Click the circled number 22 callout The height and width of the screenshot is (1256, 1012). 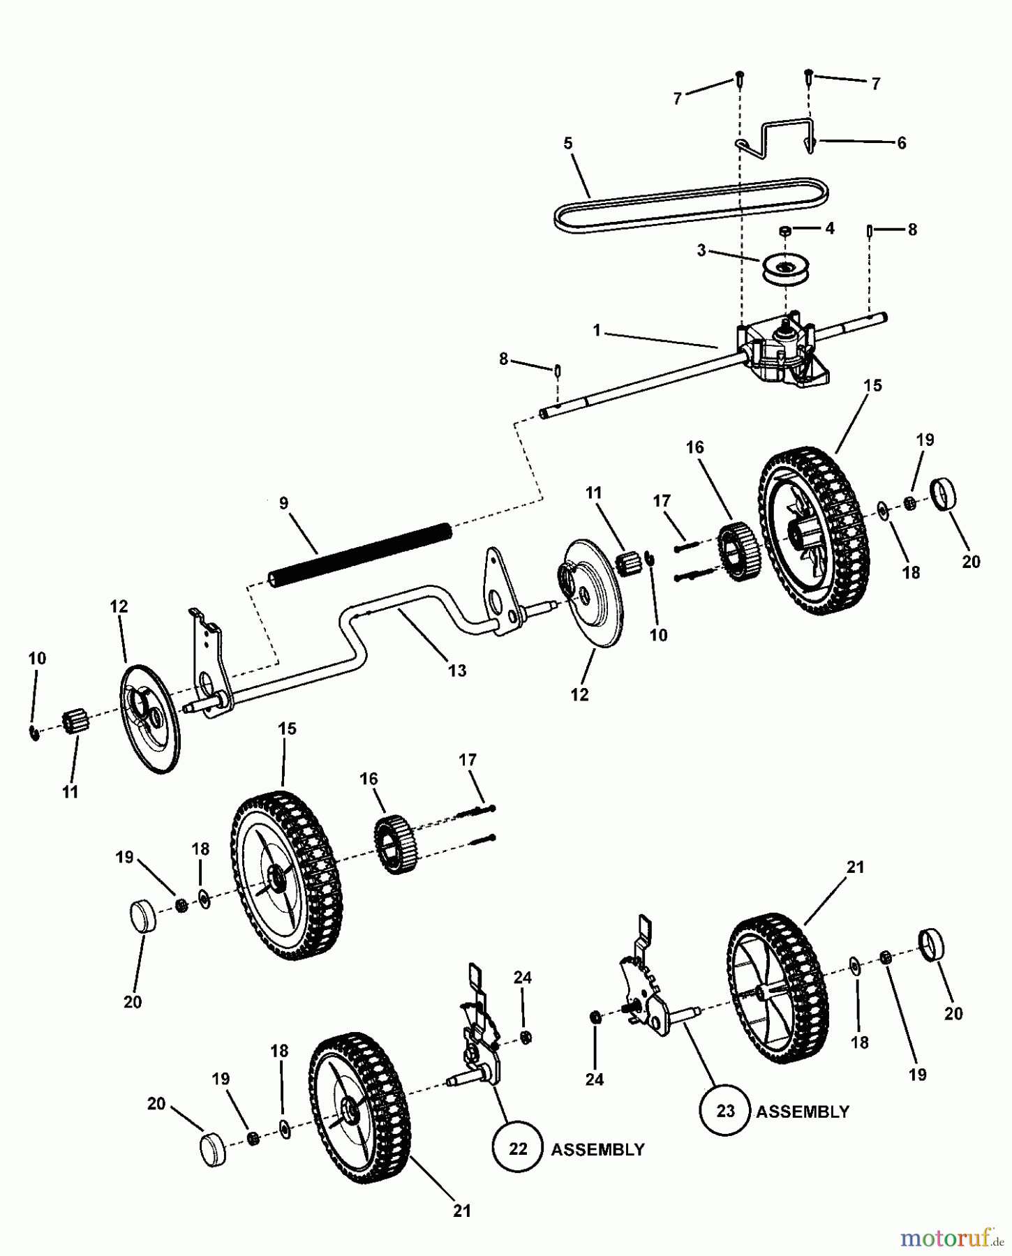[x=517, y=1148]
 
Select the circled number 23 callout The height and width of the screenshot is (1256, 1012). [x=725, y=1110]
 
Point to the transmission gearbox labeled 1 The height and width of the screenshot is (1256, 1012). [x=782, y=349]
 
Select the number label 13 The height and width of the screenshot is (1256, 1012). [x=457, y=671]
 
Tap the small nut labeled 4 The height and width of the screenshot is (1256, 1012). [x=785, y=231]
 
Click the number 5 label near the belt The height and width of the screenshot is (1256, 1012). [x=568, y=143]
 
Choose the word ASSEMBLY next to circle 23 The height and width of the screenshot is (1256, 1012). [x=803, y=1112]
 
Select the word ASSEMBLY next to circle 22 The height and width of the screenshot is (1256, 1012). [x=597, y=1149]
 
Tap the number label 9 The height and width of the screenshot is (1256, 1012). [x=283, y=503]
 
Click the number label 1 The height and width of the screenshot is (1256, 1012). [x=597, y=330]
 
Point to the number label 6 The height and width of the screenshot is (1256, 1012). [x=901, y=143]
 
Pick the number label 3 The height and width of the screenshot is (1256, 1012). [x=701, y=250]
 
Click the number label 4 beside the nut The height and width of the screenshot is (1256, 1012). [x=829, y=228]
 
